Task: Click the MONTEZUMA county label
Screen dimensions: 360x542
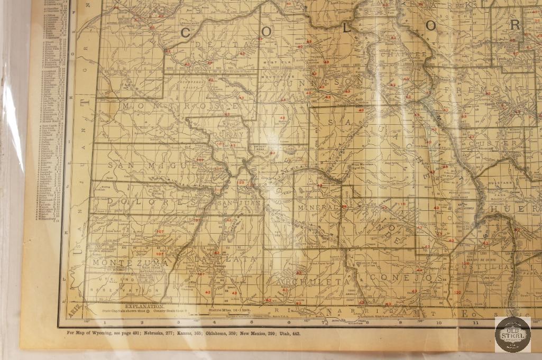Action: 129,262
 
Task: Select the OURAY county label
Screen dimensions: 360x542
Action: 229,135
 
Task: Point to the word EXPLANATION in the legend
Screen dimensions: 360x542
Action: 144,306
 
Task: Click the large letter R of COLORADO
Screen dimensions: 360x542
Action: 515,24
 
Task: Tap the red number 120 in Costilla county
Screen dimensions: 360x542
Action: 457,292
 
